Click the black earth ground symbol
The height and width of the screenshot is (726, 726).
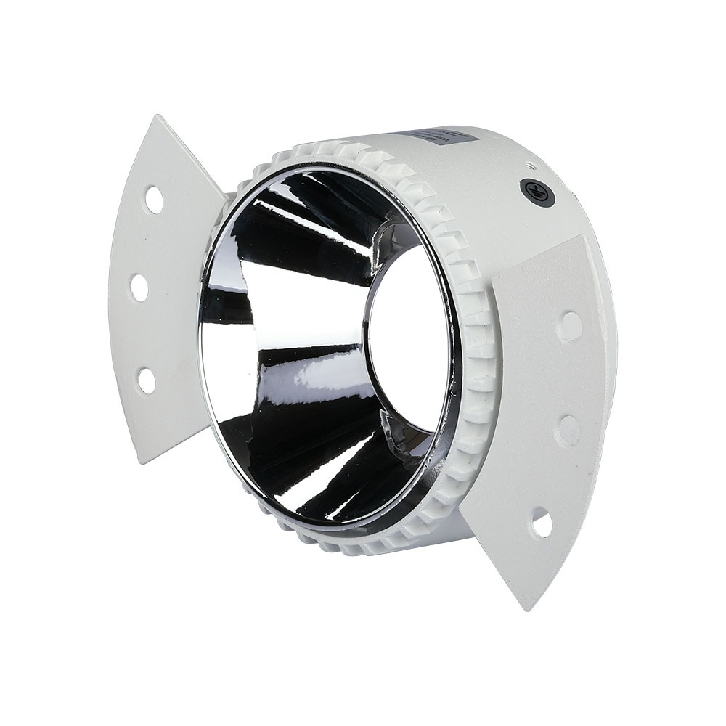[533, 191]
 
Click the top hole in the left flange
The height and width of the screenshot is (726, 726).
[153, 199]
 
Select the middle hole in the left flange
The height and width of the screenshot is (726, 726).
[139, 287]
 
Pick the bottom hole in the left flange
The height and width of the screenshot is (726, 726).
[147, 380]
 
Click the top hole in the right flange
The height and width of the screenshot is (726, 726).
[570, 327]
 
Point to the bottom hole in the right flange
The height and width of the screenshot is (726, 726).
[541, 523]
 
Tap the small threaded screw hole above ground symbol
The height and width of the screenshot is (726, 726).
[529, 165]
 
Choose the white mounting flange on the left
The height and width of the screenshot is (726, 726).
[160, 290]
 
